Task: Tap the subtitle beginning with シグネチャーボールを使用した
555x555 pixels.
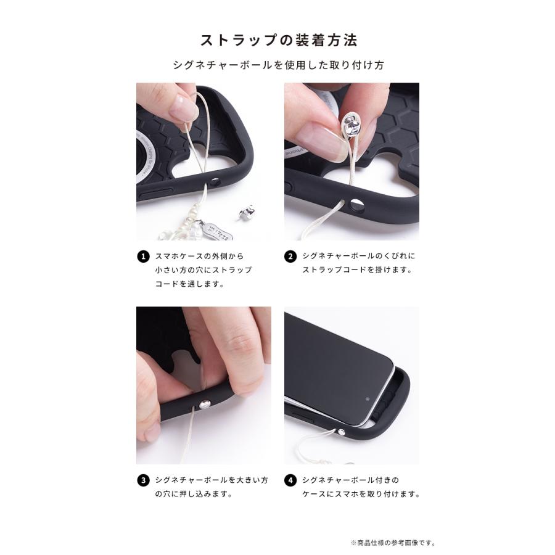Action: pos(277,65)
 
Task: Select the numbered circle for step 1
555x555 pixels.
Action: pos(143,256)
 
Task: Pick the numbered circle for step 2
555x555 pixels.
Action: pos(291,256)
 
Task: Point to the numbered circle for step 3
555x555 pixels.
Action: pos(143,480)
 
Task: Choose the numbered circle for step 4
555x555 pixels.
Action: pos(291,480)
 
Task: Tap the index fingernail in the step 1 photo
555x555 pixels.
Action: pos(183,110)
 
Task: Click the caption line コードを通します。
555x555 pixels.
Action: pos(189,284)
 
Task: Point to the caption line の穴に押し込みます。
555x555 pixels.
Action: pos(184,495)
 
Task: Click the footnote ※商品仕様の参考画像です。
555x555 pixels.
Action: pos(393,543)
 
